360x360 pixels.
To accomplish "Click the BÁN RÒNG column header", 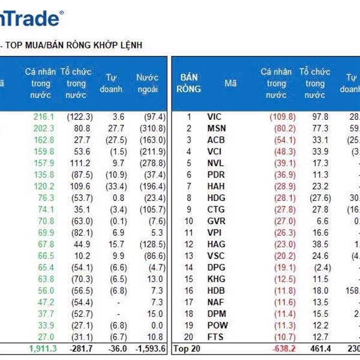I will [x=189, y=83].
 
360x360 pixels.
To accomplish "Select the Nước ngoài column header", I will [x=147, y=83].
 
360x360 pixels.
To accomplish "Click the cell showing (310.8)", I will [x=151, y=128].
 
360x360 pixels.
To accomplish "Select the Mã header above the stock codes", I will [x=230, y=83].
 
